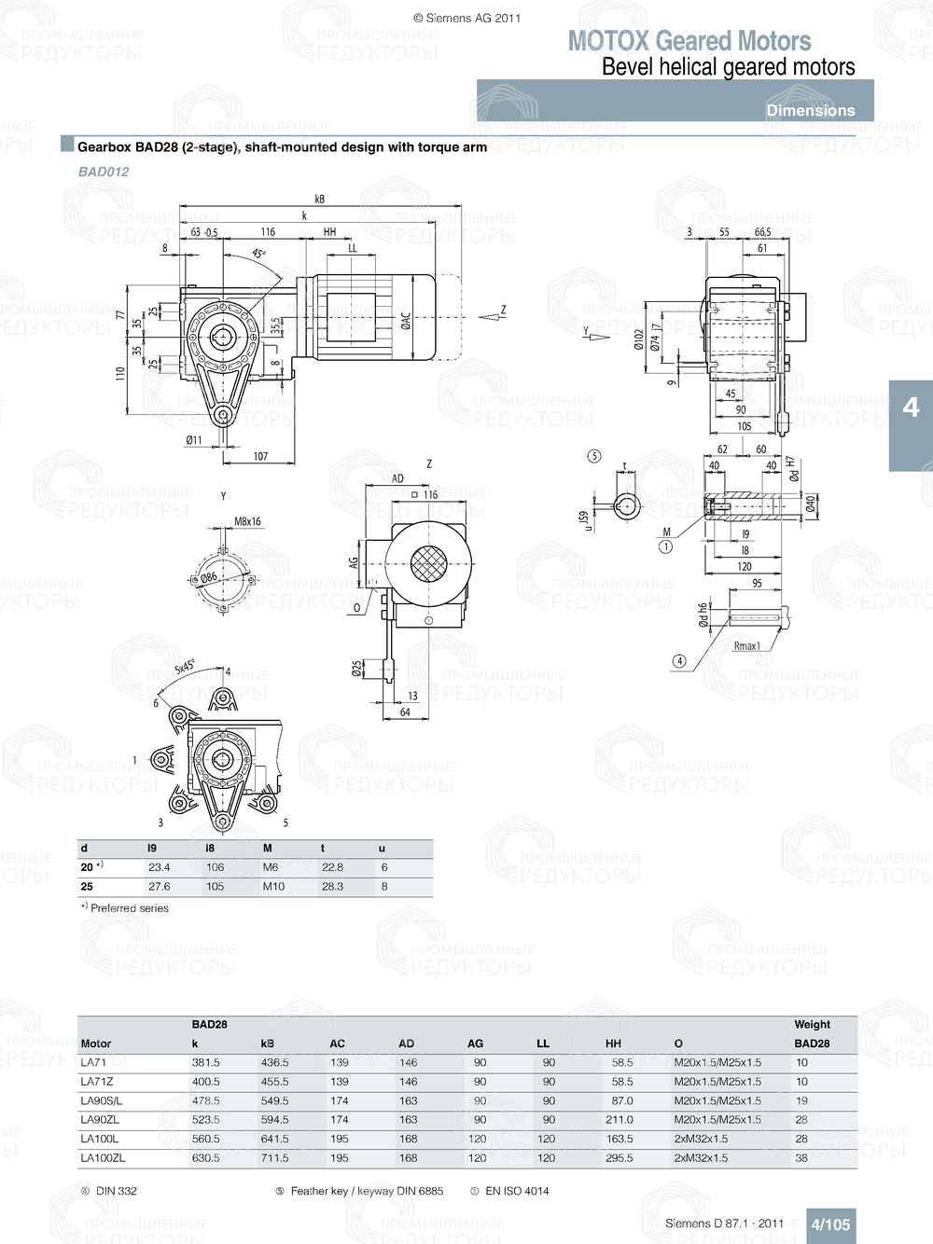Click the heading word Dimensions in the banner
(810, 110)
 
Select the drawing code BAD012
(104, 172)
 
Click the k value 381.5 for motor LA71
(206, 1062)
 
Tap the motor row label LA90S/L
(101, 1100)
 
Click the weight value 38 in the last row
(801, 1157)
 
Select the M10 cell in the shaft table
(273, 886)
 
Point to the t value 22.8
(332, 867)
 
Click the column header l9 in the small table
(152, 849)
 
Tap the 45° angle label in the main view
(258, 254)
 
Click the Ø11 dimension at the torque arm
(193, 439)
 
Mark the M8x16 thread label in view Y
(247, 522)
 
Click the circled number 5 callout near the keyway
(594, 456)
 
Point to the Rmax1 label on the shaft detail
(746, 645)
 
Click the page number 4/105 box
(830, 1224)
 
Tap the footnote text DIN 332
(116, 1191)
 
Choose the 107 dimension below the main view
(260, 456)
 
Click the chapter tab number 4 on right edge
(911, 408)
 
